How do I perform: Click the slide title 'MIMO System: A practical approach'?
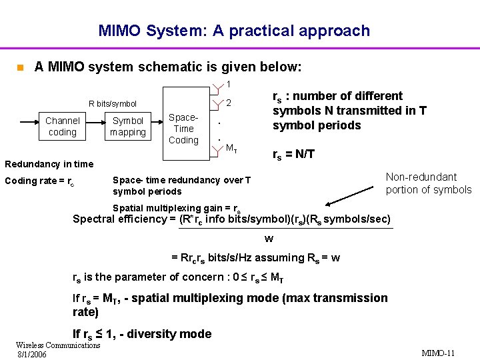234,31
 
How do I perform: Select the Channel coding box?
63,127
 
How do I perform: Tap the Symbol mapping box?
128,127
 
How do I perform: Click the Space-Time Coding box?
183,129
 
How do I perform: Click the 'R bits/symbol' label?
113,104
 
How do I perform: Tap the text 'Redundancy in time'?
49,164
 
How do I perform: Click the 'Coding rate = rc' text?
39,181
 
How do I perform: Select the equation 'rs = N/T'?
294,155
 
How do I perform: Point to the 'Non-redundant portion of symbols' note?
428,183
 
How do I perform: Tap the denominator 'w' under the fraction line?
269,238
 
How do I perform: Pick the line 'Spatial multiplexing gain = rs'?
177,208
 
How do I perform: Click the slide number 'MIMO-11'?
438,352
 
